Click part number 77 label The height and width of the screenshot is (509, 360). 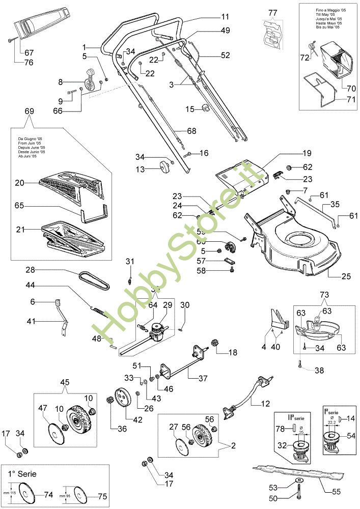click(x=273, y=12)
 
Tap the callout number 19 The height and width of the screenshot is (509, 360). click(x=307, y=153)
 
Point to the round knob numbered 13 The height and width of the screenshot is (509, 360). click(x=163, y=166)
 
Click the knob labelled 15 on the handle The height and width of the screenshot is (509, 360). click(x=206, y=108)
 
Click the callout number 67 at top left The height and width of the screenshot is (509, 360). click(x=29, y=52)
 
